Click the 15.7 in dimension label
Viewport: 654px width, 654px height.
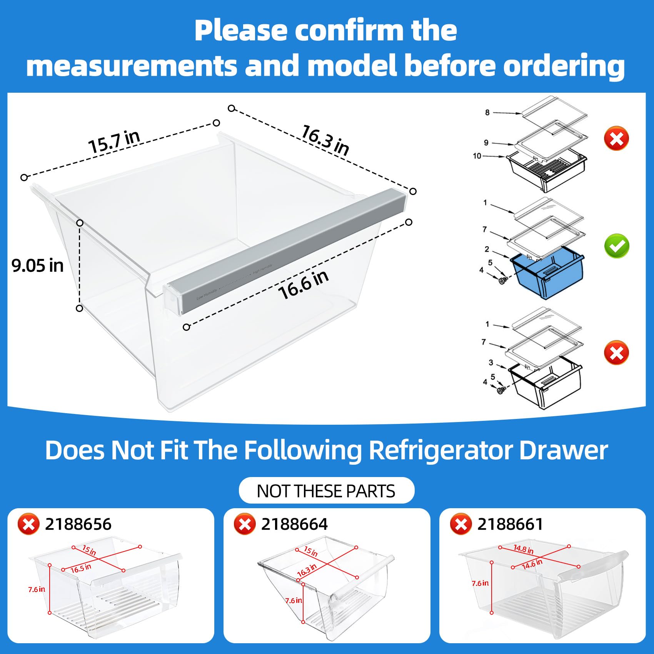(x=114, y=142)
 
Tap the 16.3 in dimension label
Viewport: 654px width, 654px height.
(x=325, y=140)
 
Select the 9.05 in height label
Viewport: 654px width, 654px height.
(x=37, y=266)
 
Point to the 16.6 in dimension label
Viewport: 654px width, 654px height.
(x=303, y=285)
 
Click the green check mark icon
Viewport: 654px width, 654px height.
(x=617, y=246)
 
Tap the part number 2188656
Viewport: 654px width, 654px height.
(x=78, y=524)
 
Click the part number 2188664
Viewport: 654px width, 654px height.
(x=294, y=524)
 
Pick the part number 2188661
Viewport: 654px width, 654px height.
(x=510, y=524)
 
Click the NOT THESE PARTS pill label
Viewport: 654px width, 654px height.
(x=326, y=491)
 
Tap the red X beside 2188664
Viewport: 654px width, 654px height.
(x=245, y=524)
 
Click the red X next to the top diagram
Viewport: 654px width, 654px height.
(x=616, y=138)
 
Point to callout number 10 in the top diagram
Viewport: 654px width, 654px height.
(x=477, y=156)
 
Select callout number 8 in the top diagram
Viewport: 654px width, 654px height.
(x=487, y=112)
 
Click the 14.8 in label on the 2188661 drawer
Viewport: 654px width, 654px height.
(x=524, y=549)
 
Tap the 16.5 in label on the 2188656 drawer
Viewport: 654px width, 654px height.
(x=81, y=568)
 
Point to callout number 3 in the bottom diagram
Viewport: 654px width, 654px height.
(x=491, y=362)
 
